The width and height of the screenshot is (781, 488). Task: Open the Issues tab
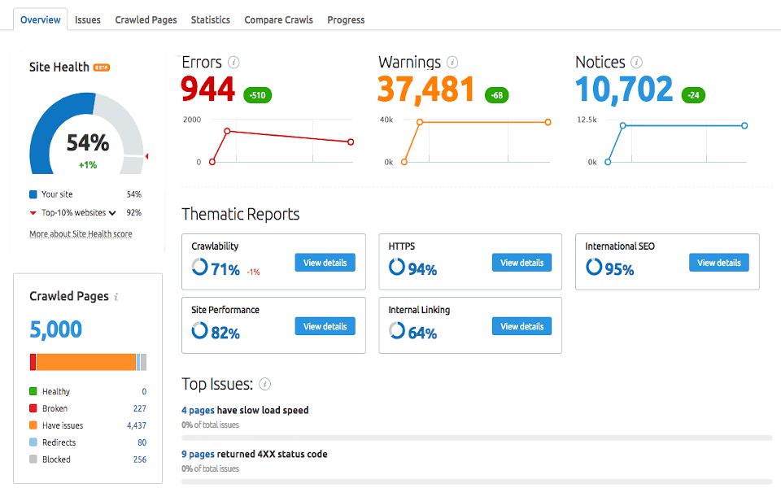[88, 20]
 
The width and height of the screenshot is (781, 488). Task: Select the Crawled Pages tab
[146, 20]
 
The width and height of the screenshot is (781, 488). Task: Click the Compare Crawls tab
[278, 20]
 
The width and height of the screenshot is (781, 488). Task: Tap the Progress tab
[346, 20]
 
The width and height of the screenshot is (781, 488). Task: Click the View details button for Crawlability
[325, 263]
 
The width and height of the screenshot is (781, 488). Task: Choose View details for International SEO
[718, 263]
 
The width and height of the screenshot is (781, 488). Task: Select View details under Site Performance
[325, 326]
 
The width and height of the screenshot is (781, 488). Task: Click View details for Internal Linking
[521, 326]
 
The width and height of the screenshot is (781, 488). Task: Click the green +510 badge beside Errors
[258, 95]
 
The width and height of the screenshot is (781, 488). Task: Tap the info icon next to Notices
[636, 62]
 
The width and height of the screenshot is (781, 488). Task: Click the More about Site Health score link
[81, 234]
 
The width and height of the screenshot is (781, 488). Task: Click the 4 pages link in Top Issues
[198, 410]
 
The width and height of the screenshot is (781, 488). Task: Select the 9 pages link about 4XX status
[198, 454]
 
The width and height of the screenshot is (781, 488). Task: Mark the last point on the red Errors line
[351, 142]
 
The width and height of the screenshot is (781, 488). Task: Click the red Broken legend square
[33, 408]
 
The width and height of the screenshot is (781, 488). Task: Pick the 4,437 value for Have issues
[136, 425]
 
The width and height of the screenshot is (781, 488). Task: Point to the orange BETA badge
[102, 68]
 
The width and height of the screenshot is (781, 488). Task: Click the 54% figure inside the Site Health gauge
[87, 143]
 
